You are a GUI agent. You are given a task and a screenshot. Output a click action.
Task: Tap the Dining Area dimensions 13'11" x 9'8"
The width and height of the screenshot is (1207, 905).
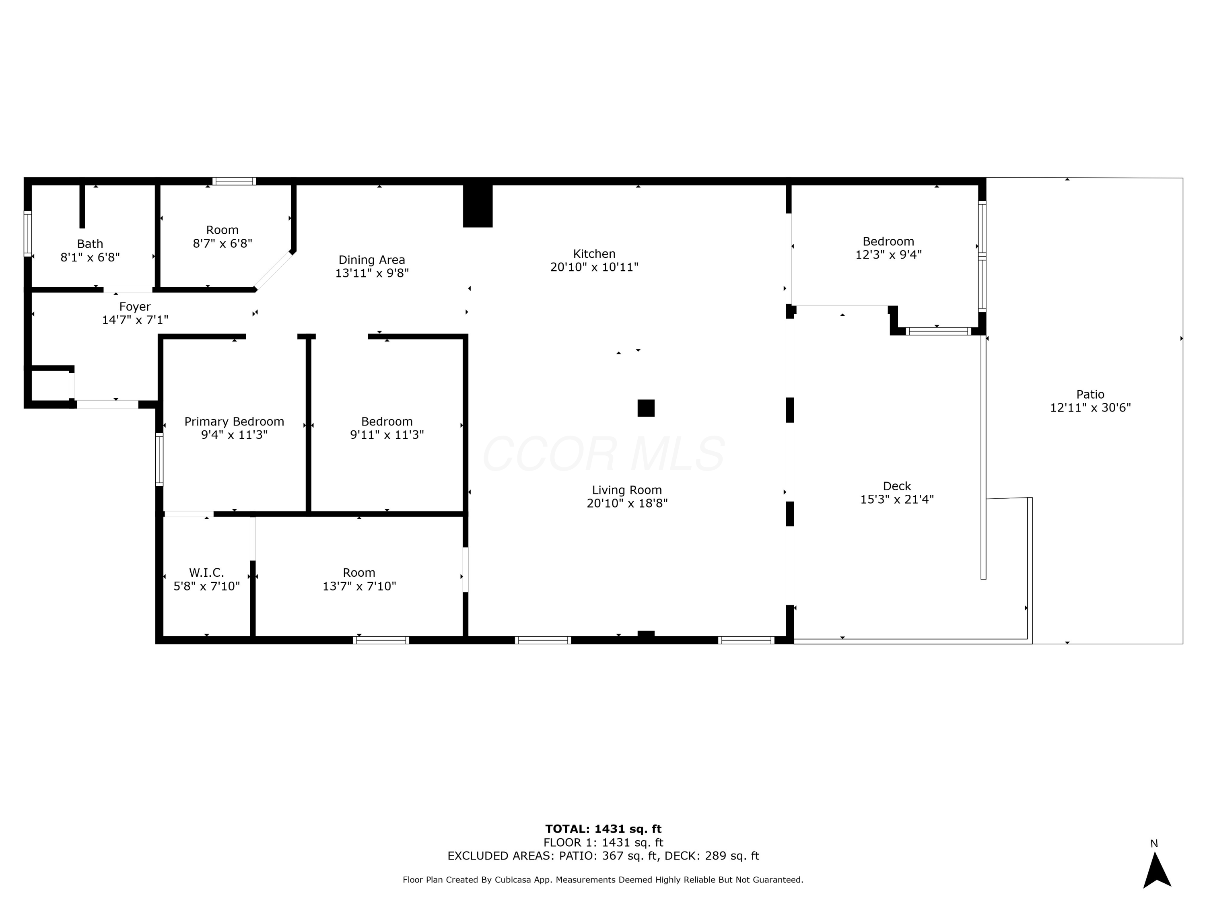point(372,273)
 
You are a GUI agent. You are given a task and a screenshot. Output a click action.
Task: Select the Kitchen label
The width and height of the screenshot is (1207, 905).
point(594,254)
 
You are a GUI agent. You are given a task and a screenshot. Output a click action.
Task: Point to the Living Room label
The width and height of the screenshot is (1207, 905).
point(626,490)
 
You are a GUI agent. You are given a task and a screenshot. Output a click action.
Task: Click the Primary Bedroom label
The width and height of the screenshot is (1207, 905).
point(234,422)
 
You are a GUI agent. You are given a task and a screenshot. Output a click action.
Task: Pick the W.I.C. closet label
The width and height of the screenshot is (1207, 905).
point(206,573)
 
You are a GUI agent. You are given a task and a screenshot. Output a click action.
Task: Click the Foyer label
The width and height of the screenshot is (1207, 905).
point(135,306)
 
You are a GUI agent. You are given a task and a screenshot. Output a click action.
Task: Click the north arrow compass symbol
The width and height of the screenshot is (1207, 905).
point(1157,870)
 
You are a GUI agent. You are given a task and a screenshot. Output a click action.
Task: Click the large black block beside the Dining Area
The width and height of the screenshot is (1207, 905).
point(478,206)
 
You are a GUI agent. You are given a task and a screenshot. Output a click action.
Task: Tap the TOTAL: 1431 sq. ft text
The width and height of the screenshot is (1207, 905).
point(603,829)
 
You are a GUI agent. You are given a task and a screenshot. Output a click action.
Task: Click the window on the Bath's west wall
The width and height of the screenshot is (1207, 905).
point(27,233)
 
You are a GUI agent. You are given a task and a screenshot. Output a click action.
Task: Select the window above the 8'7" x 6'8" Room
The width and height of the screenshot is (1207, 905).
point(234,181)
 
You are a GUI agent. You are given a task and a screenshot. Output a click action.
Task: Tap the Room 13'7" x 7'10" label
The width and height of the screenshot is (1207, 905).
point(358,573)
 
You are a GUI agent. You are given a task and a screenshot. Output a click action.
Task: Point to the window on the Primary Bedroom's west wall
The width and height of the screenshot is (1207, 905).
point(159,459)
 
